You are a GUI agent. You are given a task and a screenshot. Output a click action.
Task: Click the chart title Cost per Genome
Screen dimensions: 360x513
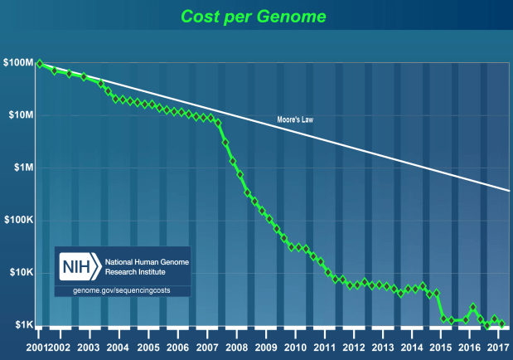[255, 16]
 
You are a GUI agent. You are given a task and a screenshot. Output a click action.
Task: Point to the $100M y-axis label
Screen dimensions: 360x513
[18, 63]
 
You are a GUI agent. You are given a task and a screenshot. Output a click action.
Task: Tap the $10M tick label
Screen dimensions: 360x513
[20, 115]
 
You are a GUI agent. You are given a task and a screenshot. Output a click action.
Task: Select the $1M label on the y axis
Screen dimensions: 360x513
[22, 168]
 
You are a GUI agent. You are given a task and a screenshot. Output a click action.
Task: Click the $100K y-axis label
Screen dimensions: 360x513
[18, 221]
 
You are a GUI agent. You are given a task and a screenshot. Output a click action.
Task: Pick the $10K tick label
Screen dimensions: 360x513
[20, 273]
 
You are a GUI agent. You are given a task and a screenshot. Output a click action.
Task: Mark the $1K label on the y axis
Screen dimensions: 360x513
[22, 325]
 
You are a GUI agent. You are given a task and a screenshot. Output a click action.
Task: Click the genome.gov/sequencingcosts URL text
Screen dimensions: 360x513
[122, 289]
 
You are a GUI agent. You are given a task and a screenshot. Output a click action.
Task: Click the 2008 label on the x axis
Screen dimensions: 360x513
[237, 347]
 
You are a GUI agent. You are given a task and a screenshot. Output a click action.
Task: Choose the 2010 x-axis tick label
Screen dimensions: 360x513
[296, 347]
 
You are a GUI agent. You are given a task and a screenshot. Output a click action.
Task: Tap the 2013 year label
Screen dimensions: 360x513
[385, 347]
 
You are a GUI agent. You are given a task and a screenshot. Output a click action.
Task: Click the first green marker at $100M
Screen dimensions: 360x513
[39, 63]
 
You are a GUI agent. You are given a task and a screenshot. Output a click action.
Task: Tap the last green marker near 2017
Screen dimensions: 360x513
[502, 324]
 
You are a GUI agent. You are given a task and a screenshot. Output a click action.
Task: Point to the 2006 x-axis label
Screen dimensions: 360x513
[177, 347]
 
